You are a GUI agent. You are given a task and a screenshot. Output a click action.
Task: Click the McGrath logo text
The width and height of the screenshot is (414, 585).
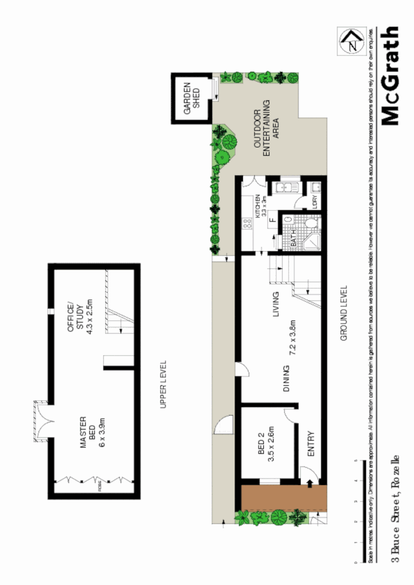pyautogui.click(x=391, y=76)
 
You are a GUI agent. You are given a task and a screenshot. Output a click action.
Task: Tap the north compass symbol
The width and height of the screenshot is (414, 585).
pyautogui.click(x=351, y=42)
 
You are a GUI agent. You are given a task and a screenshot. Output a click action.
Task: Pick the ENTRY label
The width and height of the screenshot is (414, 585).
pyautogui.click(x=311, y=444)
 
